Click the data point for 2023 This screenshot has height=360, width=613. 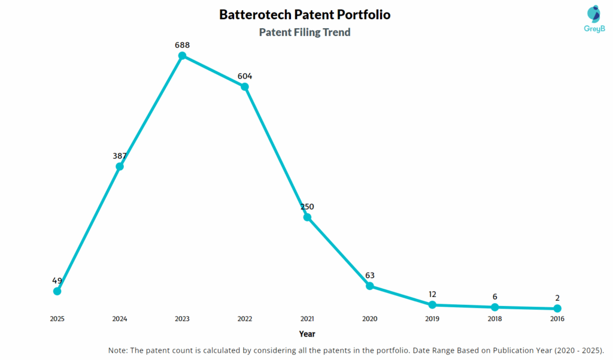[x=182, y=56]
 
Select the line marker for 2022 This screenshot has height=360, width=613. [x=245, y=86]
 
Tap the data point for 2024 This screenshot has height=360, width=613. [x=120, y=166]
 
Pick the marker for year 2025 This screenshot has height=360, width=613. [x=57, y=291]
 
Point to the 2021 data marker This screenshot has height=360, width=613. [x=307, y=217]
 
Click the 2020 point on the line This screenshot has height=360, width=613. [x=370, y=286]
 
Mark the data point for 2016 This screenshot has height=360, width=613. [x=557, y=308]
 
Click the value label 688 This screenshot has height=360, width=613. [x=182, y=45]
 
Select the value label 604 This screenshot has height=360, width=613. [x=245, y=76]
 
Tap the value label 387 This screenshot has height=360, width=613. [x=120, y=156]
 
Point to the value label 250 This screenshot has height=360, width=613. [x=307, y=207]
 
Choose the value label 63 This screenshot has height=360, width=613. [x=370, y=276]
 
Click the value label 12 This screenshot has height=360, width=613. [x=432, y=294]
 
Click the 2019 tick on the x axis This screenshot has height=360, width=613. [x=432, y=319]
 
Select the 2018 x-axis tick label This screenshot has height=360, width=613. [x=494, y=319]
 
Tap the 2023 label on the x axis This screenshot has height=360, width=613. [x=182, y=319]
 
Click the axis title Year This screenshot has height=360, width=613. [x=307, y=334]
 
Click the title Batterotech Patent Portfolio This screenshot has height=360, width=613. [x=305, y=14]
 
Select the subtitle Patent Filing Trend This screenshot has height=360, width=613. [x=305, y=32]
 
